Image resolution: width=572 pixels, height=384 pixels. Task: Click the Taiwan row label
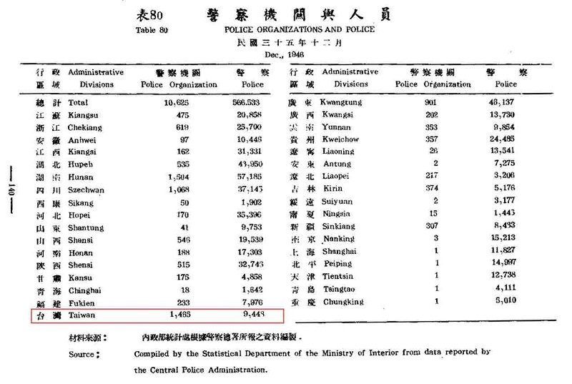click(x=82, y=315)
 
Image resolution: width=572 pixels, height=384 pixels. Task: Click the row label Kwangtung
click(x=341, y=102)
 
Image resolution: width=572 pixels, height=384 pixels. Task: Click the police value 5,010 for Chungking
click(x=503, y=301)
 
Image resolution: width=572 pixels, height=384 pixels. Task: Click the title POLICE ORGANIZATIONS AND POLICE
click(x=299, y=29)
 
